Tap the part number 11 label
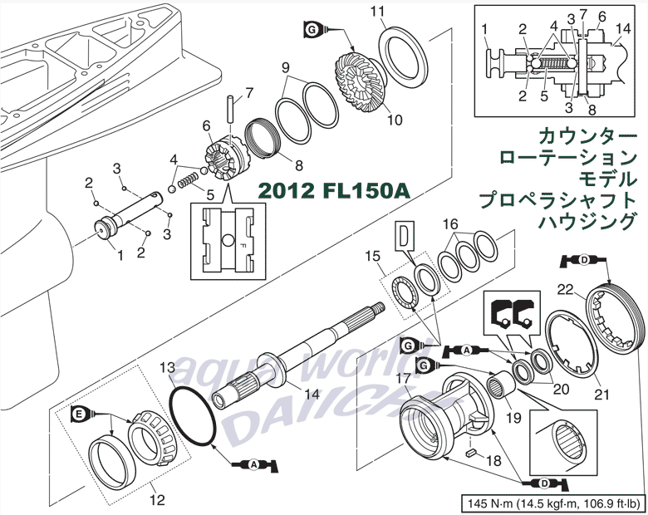[378, 11]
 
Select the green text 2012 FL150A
[334, 190]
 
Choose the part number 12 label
[155, 500]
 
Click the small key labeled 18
[471, 454]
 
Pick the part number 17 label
[403, 378]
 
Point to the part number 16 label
[449, 224]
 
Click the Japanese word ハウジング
[581, 221]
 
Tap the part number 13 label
[167, 366]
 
